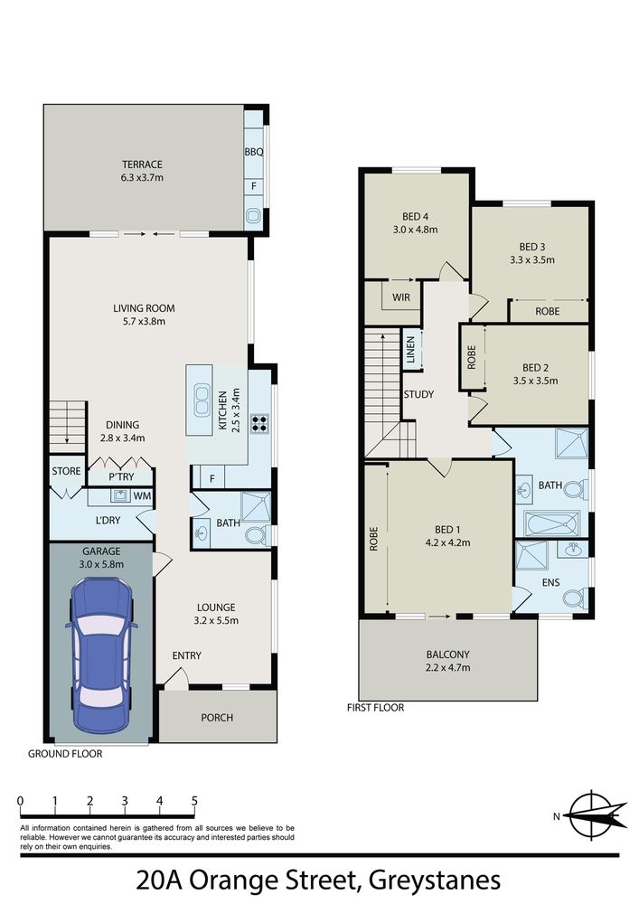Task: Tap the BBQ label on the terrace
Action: click(254, 152)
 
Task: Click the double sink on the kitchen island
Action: click(202, 400)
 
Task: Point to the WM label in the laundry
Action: click(142, 495)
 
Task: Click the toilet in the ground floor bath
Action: click(257, 535)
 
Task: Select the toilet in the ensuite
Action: click(575, 598)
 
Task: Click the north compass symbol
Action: click(595, 815)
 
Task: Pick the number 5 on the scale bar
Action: click(194, 801)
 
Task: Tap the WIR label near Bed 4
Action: click(401, 297)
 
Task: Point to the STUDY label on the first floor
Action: click(418, 394)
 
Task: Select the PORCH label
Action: click(217, 718)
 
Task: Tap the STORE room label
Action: click(66, 471)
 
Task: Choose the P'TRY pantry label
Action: click(121, 476)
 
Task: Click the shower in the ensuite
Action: click(531, 556)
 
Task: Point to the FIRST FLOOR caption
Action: click(376, 708)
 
